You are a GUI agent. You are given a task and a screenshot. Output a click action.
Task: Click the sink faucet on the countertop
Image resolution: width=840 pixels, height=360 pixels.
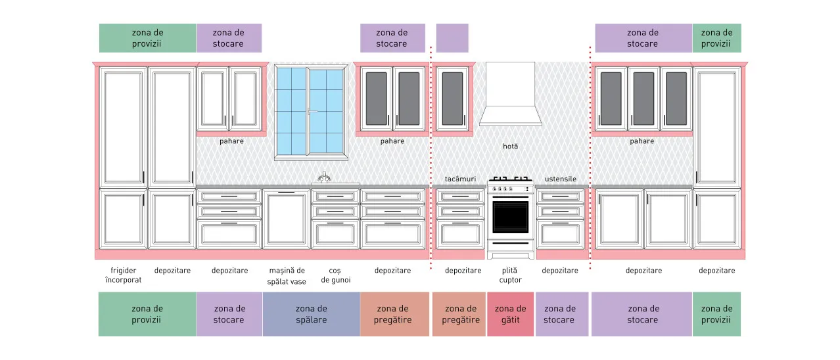coord(324,177)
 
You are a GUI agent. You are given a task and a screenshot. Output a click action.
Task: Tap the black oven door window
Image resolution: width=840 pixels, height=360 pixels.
coord(510,217)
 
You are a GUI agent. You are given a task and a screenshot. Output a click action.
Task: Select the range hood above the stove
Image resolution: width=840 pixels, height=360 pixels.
coord(510,94)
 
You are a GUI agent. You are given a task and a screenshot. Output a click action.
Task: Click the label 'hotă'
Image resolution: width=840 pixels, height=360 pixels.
coord(510,146)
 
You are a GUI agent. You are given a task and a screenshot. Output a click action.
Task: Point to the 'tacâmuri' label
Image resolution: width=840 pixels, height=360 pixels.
coord(460,179)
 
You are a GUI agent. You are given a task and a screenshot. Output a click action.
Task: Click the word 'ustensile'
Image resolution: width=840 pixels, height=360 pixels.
coord(560,179)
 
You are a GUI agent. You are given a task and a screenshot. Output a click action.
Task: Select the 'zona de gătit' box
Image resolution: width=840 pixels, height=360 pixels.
coord(510,314)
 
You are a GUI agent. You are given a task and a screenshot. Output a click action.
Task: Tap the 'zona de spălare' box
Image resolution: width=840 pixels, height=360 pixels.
coord(312,314)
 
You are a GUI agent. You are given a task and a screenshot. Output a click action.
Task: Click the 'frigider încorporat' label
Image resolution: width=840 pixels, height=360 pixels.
coord(124,275)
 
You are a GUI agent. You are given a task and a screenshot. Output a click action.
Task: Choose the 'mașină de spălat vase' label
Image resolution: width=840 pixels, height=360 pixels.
coord(287,276)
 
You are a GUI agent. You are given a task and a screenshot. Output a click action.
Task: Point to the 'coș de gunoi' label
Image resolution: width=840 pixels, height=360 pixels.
coord(336,275)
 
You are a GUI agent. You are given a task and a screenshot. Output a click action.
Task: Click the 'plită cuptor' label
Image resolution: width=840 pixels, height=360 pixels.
coord(510,275)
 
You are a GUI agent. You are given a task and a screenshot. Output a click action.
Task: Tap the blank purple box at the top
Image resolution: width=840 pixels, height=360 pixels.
coord(452,38)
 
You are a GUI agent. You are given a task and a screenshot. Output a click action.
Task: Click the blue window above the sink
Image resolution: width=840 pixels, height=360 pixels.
coord(311,112)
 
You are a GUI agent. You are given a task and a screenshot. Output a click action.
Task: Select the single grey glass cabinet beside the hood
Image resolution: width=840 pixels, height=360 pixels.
coord(453,99)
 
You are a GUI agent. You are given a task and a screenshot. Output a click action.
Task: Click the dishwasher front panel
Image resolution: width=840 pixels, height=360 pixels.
coord(287,219)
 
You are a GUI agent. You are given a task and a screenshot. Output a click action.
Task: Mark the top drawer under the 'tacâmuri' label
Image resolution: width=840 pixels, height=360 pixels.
coord(460,196)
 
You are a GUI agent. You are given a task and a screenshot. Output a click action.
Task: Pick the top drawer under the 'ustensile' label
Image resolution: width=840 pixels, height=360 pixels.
coord(560,196)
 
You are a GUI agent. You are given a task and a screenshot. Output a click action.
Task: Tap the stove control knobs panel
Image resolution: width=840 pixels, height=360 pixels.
coord(510,189)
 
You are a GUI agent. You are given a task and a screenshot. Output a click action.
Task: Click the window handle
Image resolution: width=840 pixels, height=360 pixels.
coord(312,111)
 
